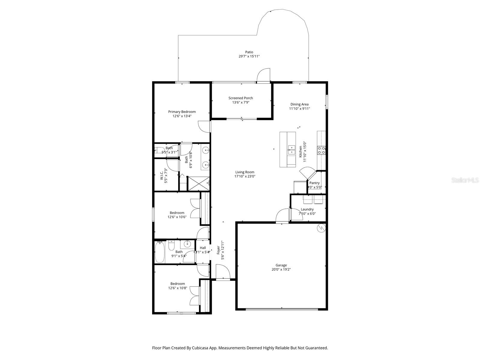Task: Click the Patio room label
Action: [249, 52]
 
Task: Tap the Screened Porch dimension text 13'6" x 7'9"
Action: [241, 102]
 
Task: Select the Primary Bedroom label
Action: [182, 112]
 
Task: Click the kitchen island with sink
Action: [288, 149]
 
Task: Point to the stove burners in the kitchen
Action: [321, 150]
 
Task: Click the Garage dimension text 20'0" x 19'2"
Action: [281, 269]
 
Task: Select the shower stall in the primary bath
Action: [198, 184]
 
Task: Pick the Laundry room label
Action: [307, 209]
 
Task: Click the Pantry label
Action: [314, 183]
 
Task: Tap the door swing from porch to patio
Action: [264, 75]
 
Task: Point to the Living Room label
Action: [245, 172]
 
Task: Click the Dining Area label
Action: [299, 104]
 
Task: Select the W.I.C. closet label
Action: [161, 176]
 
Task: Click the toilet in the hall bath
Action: [171, 246]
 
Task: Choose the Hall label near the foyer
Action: [203, 247]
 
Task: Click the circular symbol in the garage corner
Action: [321, 228]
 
